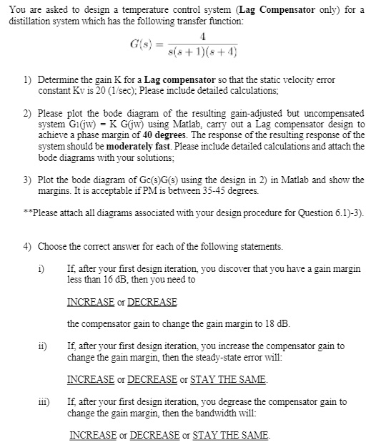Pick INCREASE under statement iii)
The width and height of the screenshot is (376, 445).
coord(92,435)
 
